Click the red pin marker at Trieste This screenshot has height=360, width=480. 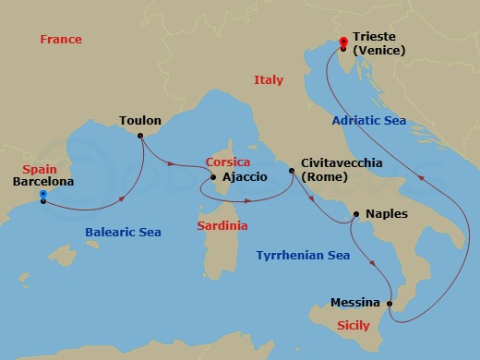coord(343,42)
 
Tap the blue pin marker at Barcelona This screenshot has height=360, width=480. coord(43,196)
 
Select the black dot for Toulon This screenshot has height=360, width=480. coord(140,137)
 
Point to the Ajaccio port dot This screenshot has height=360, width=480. coord(213,176)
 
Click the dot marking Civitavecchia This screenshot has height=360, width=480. coord(293,171)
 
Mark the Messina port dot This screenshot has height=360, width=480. coord(390,303)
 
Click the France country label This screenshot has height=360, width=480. coord(62,40)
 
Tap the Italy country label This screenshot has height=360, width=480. coord(268,81)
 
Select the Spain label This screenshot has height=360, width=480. coord(34,169)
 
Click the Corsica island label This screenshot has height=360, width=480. coord(229,162)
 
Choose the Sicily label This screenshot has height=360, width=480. coord(354,326)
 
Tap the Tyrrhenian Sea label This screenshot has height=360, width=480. coord(304,255)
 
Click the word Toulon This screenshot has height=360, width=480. coord(140,121)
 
